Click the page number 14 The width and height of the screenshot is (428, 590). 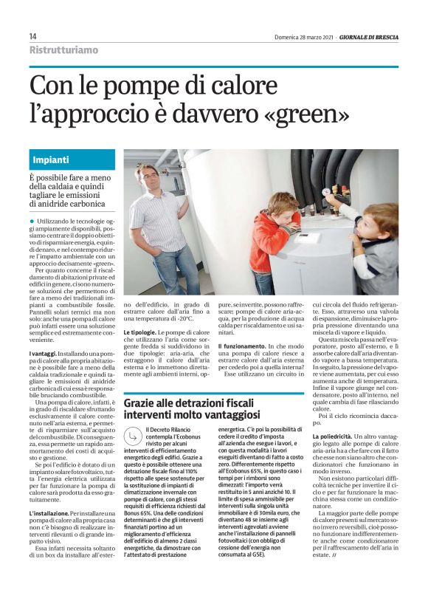(x=33, y=36)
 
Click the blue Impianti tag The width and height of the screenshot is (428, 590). (x=51, y=159)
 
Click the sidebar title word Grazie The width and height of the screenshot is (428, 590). (x=144, y=403)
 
